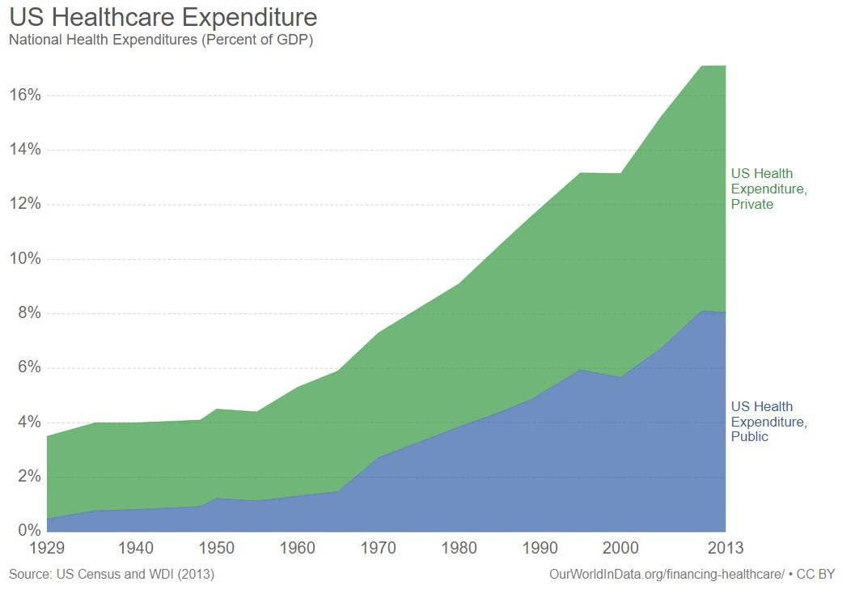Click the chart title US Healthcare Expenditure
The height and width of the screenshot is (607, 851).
click(163, 17)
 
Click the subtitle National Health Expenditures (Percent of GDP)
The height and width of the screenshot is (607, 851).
click(160, 40)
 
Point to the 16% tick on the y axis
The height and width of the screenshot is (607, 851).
click(25, 96)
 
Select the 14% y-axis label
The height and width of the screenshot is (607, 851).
click(25, 150)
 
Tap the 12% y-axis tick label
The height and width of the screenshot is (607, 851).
click(25, 204)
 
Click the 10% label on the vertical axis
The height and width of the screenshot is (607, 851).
click(25, 259)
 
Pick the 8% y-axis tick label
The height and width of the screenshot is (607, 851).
click(29, 313)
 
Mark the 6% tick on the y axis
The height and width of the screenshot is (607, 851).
click(29, 367)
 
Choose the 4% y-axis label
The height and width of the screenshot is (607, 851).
click(29, 422)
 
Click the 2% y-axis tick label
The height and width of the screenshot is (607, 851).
click(29, 477)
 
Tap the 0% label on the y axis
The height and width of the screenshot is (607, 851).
click(29, 531)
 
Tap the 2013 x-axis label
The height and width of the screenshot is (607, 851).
click(725, 549)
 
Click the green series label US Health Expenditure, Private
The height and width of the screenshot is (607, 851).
click(768, 189)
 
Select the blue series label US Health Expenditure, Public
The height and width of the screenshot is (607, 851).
click(768, 422)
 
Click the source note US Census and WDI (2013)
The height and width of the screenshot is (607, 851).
click(112, 575)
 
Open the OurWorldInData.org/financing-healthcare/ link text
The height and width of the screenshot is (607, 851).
click(667, 575)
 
